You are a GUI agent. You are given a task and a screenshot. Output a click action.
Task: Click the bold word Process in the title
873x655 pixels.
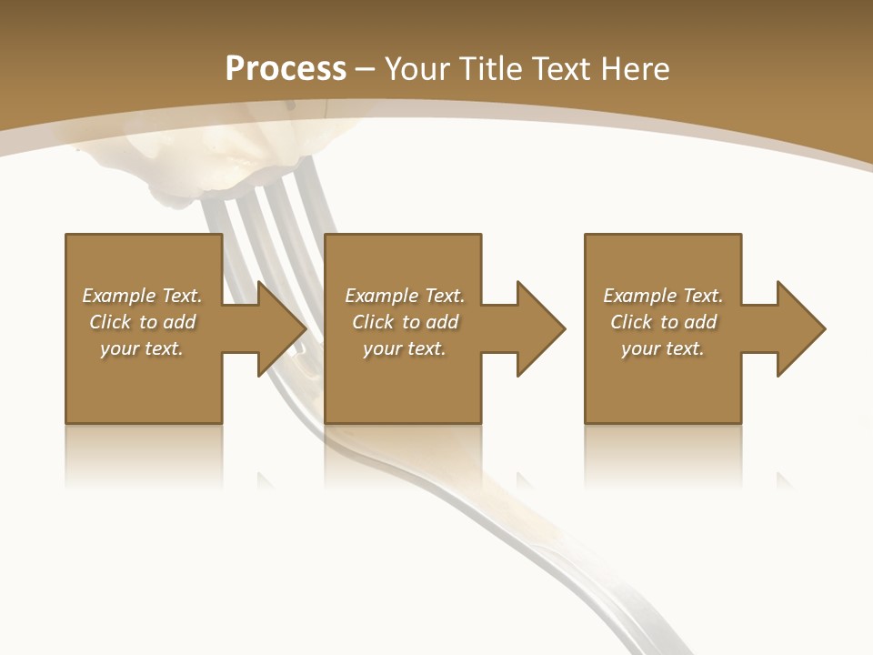[286, 68]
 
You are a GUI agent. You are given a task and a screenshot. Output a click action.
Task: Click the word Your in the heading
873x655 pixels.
[419, 68]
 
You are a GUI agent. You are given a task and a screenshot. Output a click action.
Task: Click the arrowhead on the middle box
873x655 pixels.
[539, 328]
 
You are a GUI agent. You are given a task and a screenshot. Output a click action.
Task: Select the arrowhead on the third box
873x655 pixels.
[799, 328]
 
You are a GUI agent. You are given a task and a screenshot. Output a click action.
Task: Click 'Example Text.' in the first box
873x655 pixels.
[142, 296]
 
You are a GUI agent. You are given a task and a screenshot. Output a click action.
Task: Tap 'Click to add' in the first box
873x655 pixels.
[142, 322]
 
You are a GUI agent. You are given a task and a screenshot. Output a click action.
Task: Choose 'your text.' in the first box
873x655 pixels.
[142, 348]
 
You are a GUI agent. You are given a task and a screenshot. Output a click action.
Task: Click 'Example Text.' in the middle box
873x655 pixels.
[405, 296]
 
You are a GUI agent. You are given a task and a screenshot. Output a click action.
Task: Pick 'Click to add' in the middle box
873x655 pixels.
[405, 322]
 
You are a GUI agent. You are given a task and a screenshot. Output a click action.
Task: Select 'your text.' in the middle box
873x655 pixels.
[405, 348]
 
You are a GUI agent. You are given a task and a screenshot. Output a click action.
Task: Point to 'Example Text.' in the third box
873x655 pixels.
[663, 296]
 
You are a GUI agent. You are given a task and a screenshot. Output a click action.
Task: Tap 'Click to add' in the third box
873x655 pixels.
[663, 322]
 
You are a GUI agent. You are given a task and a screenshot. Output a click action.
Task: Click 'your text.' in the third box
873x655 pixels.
[663, 348]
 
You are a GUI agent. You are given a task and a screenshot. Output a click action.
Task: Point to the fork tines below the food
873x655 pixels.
[273, 209]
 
